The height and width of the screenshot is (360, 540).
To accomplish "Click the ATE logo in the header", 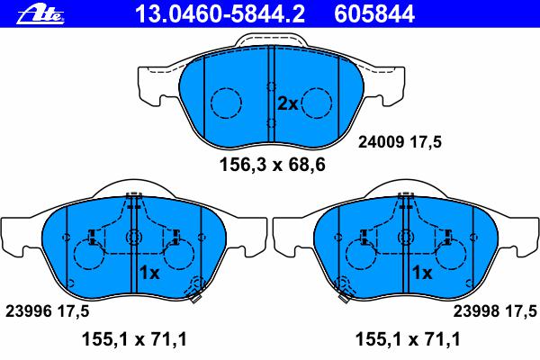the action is click(x=40, y=14).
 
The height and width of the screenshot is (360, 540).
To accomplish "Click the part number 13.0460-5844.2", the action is click(x=220, y=14).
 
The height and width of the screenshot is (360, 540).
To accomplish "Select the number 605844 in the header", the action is click(x=374, y=14).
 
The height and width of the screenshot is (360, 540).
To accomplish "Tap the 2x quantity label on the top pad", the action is click(x=288, y=103).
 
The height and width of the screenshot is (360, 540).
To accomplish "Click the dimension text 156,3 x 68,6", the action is click(x=272, y=165).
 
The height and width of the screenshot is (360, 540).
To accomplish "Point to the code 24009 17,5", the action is click(x=400, y=142).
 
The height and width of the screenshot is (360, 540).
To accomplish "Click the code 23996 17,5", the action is click(x=47, y=311).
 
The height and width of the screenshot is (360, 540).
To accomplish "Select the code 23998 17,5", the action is click(x=495, y=311).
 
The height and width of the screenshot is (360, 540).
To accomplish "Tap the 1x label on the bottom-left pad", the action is click(x=149, y=273).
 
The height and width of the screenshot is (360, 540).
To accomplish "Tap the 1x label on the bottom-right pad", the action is click(x=422, y=273).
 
